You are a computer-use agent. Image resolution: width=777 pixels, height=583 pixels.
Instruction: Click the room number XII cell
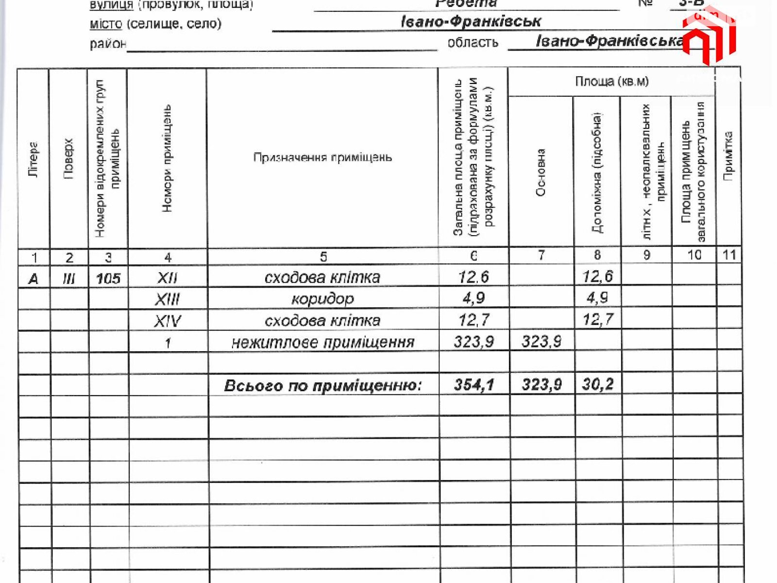(168, 278)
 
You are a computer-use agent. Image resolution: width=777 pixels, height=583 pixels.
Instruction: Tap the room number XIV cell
(168, 321)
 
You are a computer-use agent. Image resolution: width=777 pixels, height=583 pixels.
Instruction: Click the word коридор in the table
(322, 299)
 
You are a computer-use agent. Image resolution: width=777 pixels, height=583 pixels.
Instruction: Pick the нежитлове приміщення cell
(323, 343)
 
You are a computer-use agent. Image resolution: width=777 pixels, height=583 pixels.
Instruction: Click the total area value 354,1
(474, 385)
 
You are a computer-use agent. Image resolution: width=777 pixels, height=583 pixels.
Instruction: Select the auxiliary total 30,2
(598, 384)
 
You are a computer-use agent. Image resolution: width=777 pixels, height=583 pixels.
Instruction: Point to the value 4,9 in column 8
(597, 297)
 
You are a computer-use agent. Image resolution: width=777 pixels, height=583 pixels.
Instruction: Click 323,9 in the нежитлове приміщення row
(474, 342)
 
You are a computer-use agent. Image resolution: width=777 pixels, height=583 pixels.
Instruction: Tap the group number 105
(108, 278)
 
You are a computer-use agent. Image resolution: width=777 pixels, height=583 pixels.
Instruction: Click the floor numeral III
(69, 278)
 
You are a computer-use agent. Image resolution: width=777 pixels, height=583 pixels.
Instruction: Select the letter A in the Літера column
(34, 279)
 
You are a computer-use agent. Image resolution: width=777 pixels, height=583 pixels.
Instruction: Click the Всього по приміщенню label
(322, 386)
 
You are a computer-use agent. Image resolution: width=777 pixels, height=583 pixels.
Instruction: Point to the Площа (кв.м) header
(611, 81)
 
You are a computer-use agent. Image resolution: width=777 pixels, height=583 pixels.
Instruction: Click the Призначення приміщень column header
(322, 157)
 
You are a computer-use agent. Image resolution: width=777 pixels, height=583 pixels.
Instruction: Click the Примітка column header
(728, 156)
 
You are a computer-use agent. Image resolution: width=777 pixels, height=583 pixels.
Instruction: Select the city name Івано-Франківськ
(471, 22)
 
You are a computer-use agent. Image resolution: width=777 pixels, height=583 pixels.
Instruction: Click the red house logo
(709, 36)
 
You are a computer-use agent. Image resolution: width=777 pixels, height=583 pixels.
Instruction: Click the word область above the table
(473, 43)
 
